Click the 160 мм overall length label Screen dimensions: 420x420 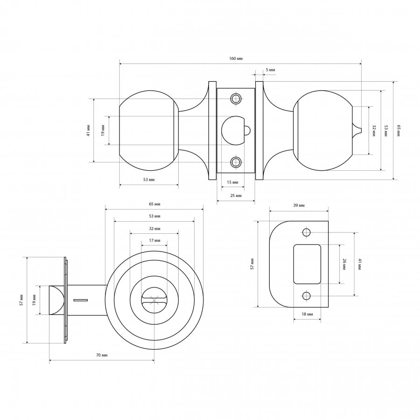pos(236,59)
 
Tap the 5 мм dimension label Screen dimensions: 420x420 pos(270,70)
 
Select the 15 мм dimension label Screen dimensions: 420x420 pos(232,182)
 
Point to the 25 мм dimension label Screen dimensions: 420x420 pos(236,196)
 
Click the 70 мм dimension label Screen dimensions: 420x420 pos(102,355)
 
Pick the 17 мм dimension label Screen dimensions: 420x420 pos(154,240)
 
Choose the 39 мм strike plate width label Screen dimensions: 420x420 pos(299,205)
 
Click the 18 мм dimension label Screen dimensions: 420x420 pos(307,314)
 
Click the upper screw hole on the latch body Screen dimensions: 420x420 pos(236,98)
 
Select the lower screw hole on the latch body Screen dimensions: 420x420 pos(236,162)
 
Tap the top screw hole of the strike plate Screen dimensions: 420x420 pos(307,232)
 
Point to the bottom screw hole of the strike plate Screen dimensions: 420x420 pos(307,296)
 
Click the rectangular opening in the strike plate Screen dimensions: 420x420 pos(307,264)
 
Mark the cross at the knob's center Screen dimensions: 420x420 pos(154,300)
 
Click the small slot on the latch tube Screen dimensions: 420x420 pos(80,300)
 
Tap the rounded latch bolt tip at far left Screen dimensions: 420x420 pos(56,300)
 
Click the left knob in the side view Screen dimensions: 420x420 pos(149,131)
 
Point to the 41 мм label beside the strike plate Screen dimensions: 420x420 pos(359,264)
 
